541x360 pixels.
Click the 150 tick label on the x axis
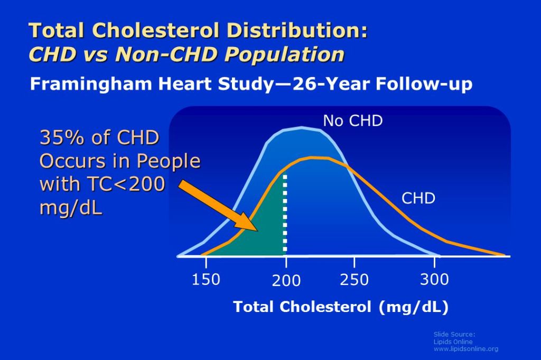[x=206, y=279]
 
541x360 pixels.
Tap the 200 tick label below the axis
[x=286, y=281]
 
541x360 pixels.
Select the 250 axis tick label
[x=354, y=279]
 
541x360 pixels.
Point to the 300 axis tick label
[x=434, y=278]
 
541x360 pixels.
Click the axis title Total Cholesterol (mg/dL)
[x=341, y=307]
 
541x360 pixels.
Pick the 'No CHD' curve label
[x=353, y=121]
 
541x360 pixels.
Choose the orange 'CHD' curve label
[x=418, y=198]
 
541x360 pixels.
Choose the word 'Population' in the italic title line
[x=282, y=54]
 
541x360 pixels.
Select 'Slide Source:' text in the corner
[x=454, y=334]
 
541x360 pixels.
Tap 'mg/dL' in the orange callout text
[x=71, y=207]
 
